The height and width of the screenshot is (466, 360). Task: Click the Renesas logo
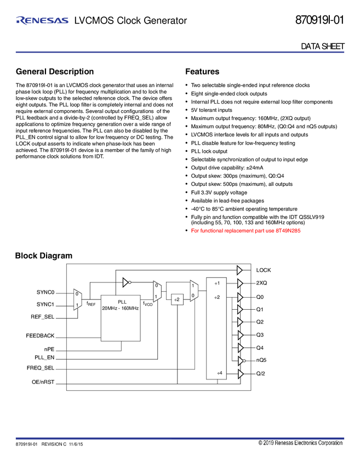tap(42, 21)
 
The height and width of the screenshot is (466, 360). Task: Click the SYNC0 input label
tap(45, 292)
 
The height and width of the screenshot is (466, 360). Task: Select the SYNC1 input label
tap(45, 304)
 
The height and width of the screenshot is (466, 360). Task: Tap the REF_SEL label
tap(43, 317)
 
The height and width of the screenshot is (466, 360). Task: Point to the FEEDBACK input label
tap(40, 336)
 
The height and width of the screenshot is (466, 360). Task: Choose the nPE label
tap(49, 348)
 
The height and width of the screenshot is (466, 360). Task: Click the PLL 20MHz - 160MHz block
tap(121, 318)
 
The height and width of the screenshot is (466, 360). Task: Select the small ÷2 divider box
tap(176, 299)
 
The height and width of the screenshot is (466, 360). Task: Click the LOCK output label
tap(264, 270)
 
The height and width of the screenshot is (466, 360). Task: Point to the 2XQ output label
tap(262, 283)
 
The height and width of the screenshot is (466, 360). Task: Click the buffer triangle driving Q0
tap(240, 297)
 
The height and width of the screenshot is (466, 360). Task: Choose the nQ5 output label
tap(262, 360)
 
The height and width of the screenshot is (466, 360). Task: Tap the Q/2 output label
tap(261, 374)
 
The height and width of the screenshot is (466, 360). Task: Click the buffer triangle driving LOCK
tap(240, 270)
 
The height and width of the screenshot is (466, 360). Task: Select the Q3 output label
tap(260, 334)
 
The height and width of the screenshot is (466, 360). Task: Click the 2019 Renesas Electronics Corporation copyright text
tap(300, 443)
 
